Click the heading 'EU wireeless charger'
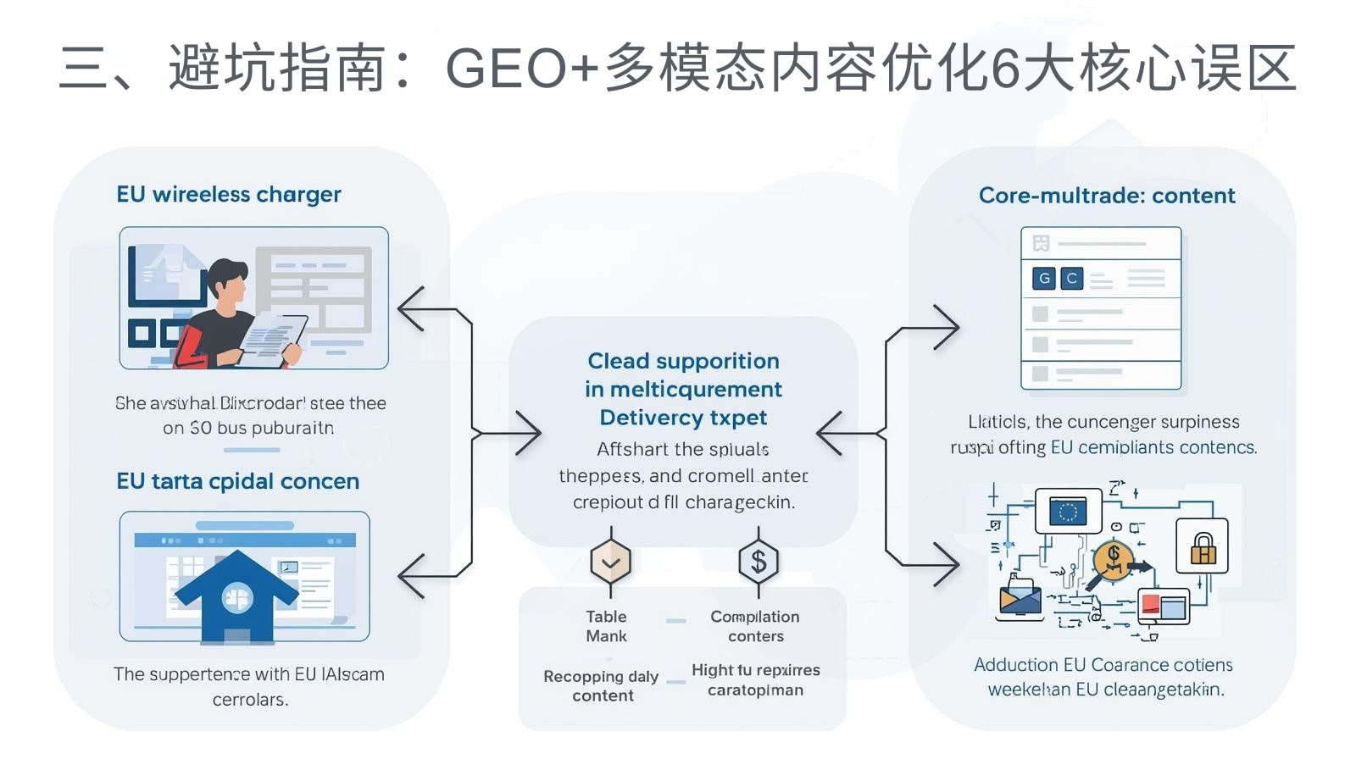(228, 195)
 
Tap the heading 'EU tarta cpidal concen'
(237, 481)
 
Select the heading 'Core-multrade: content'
(1106, 196)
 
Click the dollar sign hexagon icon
(758, 562)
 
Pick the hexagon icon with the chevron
(610, 562)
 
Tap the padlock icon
(1202, 547)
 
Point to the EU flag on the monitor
(1068, 511)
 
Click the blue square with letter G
(1044, 278)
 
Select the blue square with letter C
(1071, 278)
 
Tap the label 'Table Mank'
(606, 626)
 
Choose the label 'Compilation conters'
(754, 626)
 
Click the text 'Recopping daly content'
(602, 685)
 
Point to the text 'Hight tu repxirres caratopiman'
(755, 679)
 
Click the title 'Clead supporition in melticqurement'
(683, 374)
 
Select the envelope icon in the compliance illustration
(1020, 599)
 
